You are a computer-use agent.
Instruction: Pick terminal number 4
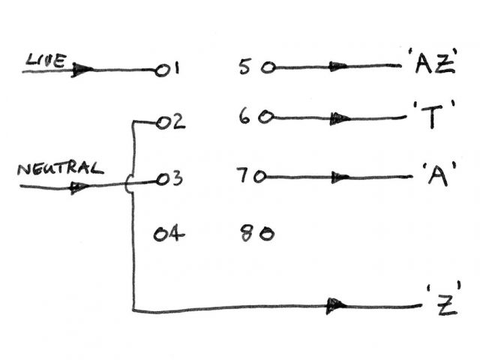click(169, 234)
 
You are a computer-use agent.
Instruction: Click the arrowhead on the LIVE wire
click(84, 70)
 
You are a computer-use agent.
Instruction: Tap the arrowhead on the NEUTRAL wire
click(77, 188)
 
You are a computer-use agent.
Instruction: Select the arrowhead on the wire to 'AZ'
click(340, 67)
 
